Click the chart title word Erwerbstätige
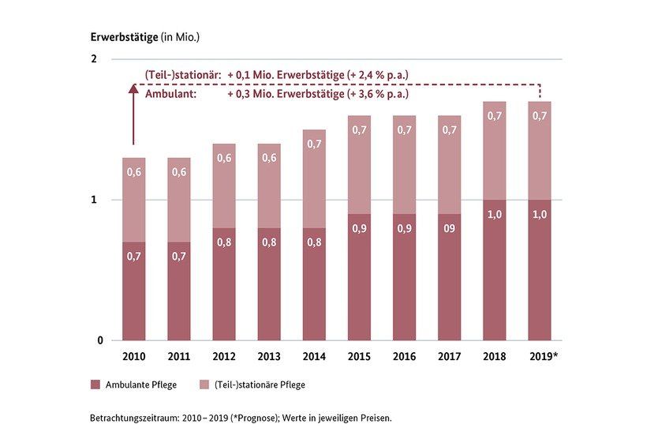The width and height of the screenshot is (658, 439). tap(124, 36)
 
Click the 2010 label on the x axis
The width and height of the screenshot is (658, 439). tap(134, 358)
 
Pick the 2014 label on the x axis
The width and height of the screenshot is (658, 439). tap(314, 358)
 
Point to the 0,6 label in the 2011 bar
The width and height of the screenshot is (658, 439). tap(179, 172)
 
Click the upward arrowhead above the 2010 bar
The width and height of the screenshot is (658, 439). tap(133, 90)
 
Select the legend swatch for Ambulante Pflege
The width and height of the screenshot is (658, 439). tap(95, 385)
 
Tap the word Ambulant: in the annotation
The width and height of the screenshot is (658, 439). tap(167, 93)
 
